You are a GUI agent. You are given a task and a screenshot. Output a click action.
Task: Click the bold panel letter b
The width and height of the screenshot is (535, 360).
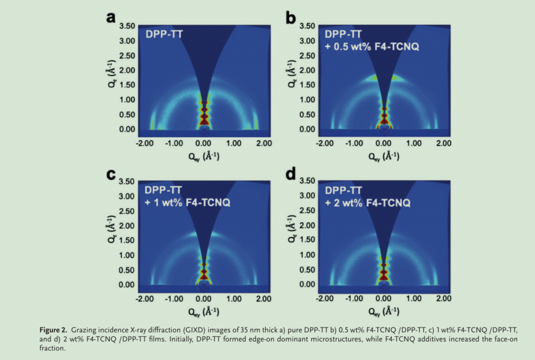tap(291, 18)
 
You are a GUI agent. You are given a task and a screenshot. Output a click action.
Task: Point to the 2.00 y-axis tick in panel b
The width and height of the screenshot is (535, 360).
tap(308, 70)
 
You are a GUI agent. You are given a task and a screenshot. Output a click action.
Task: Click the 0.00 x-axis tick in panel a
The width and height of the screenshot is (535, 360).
tap(203, 143)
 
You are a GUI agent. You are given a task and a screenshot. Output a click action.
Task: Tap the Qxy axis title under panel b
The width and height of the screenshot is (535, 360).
tap(383, 156)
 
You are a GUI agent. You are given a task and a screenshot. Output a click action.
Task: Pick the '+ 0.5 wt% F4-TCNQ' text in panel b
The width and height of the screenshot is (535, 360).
tap(372, 46)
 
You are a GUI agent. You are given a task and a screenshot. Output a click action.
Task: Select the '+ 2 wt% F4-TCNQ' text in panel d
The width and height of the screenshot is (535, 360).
tap(368, 203)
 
